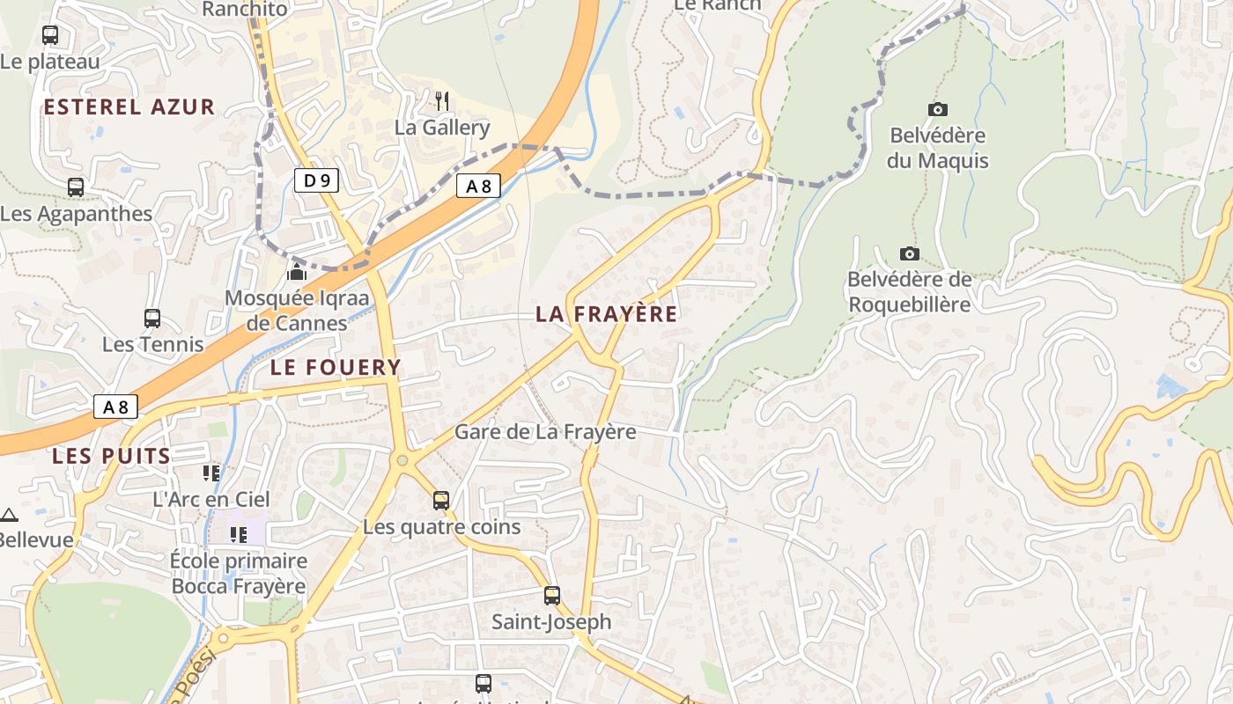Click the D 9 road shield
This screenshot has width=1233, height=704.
point(316,181)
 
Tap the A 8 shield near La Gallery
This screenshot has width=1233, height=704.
point(478,186)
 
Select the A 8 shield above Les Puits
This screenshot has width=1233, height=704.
point(115,407)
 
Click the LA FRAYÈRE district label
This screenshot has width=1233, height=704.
point(607,314)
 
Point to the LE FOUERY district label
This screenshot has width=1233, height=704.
point(336,367)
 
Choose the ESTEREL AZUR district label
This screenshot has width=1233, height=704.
point(129,107)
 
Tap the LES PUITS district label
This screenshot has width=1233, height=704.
point(111,456)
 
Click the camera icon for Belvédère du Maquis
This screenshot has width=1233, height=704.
point(938,110)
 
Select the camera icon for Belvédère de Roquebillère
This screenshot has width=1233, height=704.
point(910,254)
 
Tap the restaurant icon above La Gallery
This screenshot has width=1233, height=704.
point(442,101)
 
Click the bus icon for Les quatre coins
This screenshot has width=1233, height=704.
point(441,501)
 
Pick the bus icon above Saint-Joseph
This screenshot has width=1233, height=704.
point(552,596)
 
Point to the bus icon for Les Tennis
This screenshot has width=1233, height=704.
point(152,319)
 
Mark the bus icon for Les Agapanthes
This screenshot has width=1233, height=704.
point(76,187)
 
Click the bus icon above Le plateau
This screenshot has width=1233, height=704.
point(50,35)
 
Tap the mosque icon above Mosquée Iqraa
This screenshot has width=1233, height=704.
point(297,272)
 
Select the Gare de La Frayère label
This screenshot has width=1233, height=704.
point(545,432)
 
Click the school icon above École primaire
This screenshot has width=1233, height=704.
point(238,534)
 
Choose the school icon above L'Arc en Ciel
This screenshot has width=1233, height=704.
point(211,473)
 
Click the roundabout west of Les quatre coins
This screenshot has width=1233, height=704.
point(402,459)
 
